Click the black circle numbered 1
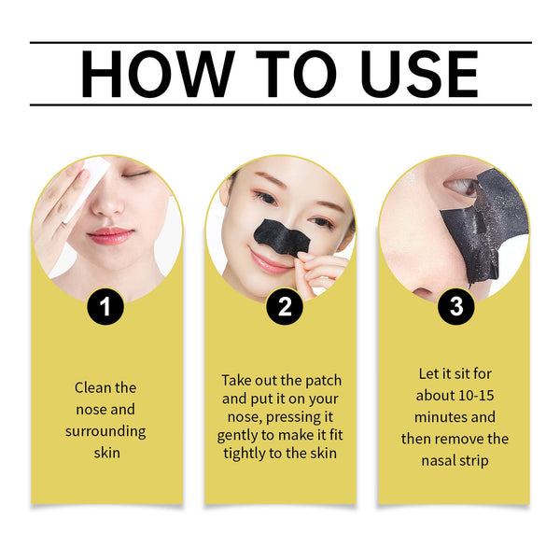(x=105, y=306)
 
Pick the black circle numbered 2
(x=283, y=306)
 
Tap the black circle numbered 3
(x=455, y=306)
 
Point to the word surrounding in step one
(x=105, y=431)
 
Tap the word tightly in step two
(x=245, y=453)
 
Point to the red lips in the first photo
(x=110, y=234)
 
